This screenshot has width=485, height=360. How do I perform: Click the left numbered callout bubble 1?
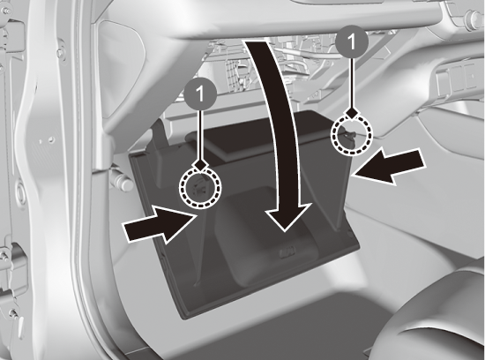(200, 94)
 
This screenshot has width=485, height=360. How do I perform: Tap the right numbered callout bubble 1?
(352, 41)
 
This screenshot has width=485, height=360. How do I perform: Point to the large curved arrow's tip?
(285, 230)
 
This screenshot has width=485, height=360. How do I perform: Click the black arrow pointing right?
(160, 225)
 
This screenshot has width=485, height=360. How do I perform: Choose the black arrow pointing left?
(390, 167)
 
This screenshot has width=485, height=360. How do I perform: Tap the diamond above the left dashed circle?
(200, 164)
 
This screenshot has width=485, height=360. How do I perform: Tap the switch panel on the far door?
(456, 77)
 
